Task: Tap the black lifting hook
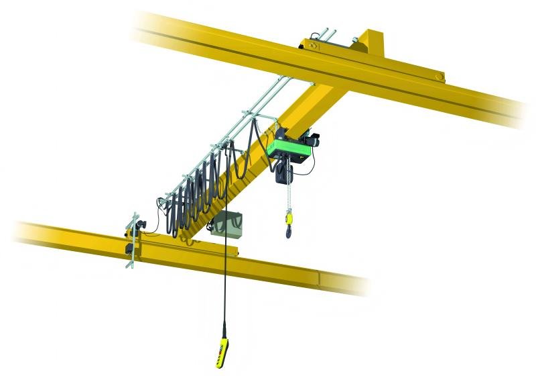(289, 232)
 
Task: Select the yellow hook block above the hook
(289, 218)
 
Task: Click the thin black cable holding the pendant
(224, 269)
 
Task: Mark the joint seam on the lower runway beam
(320, 277)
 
